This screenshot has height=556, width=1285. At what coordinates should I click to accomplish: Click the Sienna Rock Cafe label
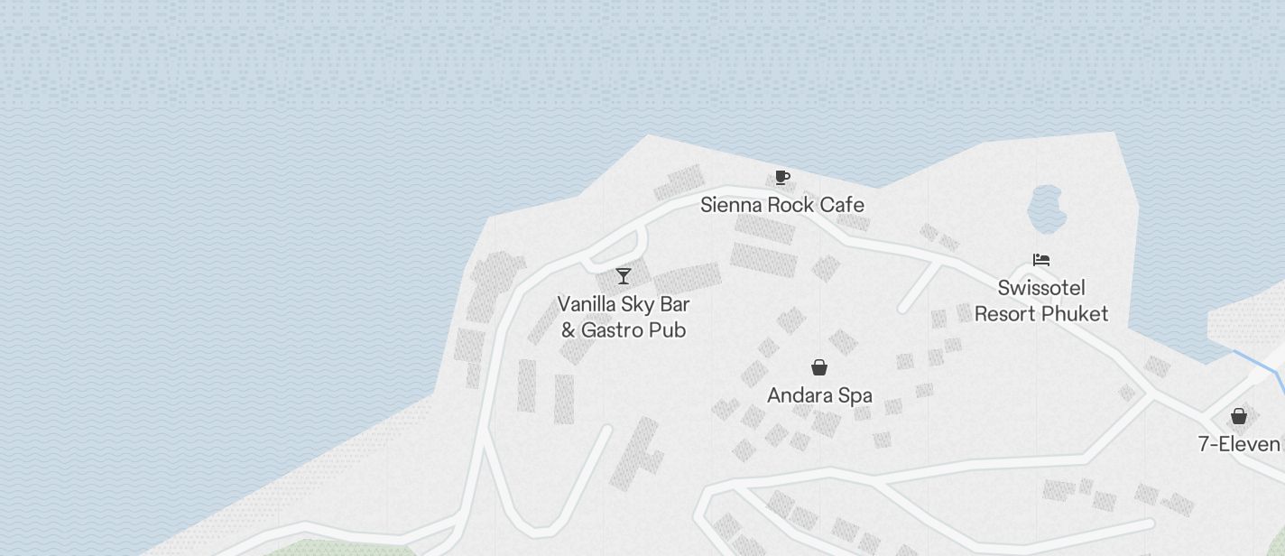tap(782, 205)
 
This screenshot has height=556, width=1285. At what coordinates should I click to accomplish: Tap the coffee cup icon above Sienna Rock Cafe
tap(782, 177)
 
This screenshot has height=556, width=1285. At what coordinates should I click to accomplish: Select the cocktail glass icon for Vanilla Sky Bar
tap(624, 275)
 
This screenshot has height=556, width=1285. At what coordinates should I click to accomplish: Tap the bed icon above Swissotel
tap(1041, 260)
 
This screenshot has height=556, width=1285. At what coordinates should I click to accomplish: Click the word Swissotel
tap(1041, 288)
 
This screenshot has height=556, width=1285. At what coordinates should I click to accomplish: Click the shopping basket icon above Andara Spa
tap(819, 367)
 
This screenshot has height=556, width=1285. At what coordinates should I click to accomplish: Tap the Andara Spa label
tap(819, 395)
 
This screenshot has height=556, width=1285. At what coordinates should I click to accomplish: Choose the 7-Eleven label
tap(1239, 444)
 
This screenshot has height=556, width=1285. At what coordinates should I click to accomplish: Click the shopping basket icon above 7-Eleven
tap(1239, 416)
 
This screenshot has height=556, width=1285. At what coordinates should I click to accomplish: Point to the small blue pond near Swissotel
tap(1047, 209)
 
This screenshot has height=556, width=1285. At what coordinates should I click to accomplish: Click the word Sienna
tap(731, 205)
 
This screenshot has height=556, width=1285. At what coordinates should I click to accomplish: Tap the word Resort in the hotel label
tap(1005, 313)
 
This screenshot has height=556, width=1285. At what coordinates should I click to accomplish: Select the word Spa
tap(855, 395)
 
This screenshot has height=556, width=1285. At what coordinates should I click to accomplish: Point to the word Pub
tap(670, 329)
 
